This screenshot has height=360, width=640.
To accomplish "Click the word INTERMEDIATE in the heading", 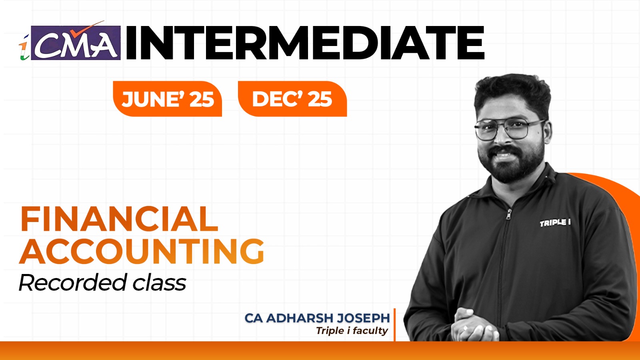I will click(305, 43).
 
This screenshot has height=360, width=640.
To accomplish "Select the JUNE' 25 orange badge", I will click(167, 99).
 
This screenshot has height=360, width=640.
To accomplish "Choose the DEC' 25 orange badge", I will click(292, 99).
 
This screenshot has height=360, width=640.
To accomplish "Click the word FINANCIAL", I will click(119, 219).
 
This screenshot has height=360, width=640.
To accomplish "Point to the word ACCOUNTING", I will click(142, 251).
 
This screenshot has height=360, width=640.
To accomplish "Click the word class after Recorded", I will click(159, 283).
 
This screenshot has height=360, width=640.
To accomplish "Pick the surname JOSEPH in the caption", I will click(363, 318).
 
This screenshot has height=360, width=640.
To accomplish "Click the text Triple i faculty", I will click(352, 331).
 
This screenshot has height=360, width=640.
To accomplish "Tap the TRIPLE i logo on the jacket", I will click(555, 222).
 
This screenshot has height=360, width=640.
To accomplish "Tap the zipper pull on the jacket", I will click(509, 214).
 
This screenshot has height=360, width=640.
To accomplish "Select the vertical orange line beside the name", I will click(394, 324).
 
